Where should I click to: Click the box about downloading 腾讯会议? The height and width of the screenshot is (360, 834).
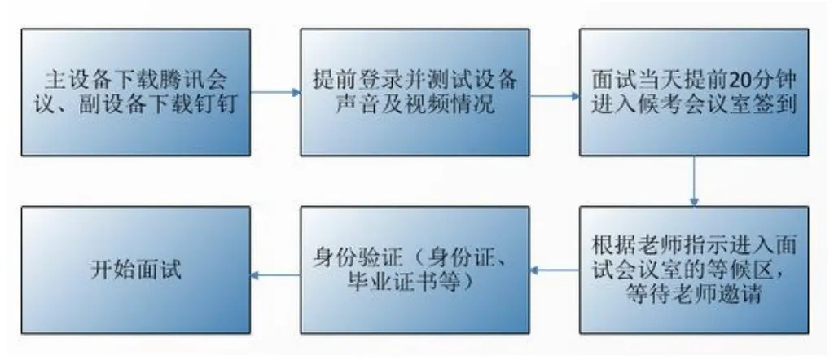click(x=135, y=92)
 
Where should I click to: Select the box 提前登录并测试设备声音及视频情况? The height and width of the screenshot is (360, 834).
click(x=415, y=92)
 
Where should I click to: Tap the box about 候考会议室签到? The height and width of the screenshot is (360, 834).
click(x=694, y=92)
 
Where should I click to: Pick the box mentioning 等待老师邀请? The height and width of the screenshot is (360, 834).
click(x=694, y=270)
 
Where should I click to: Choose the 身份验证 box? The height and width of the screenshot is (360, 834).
click(x=415, y=270)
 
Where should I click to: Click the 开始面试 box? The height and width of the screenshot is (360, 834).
click(x=135, y=270)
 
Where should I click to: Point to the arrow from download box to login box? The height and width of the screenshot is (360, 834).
click(x=275, y=92)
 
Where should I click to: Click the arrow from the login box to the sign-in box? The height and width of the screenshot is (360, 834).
click(x=555, y=96)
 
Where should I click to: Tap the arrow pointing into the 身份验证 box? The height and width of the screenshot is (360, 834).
click(x=555, y=270)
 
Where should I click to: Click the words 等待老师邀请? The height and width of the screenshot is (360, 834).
click(x=696, y=293)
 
